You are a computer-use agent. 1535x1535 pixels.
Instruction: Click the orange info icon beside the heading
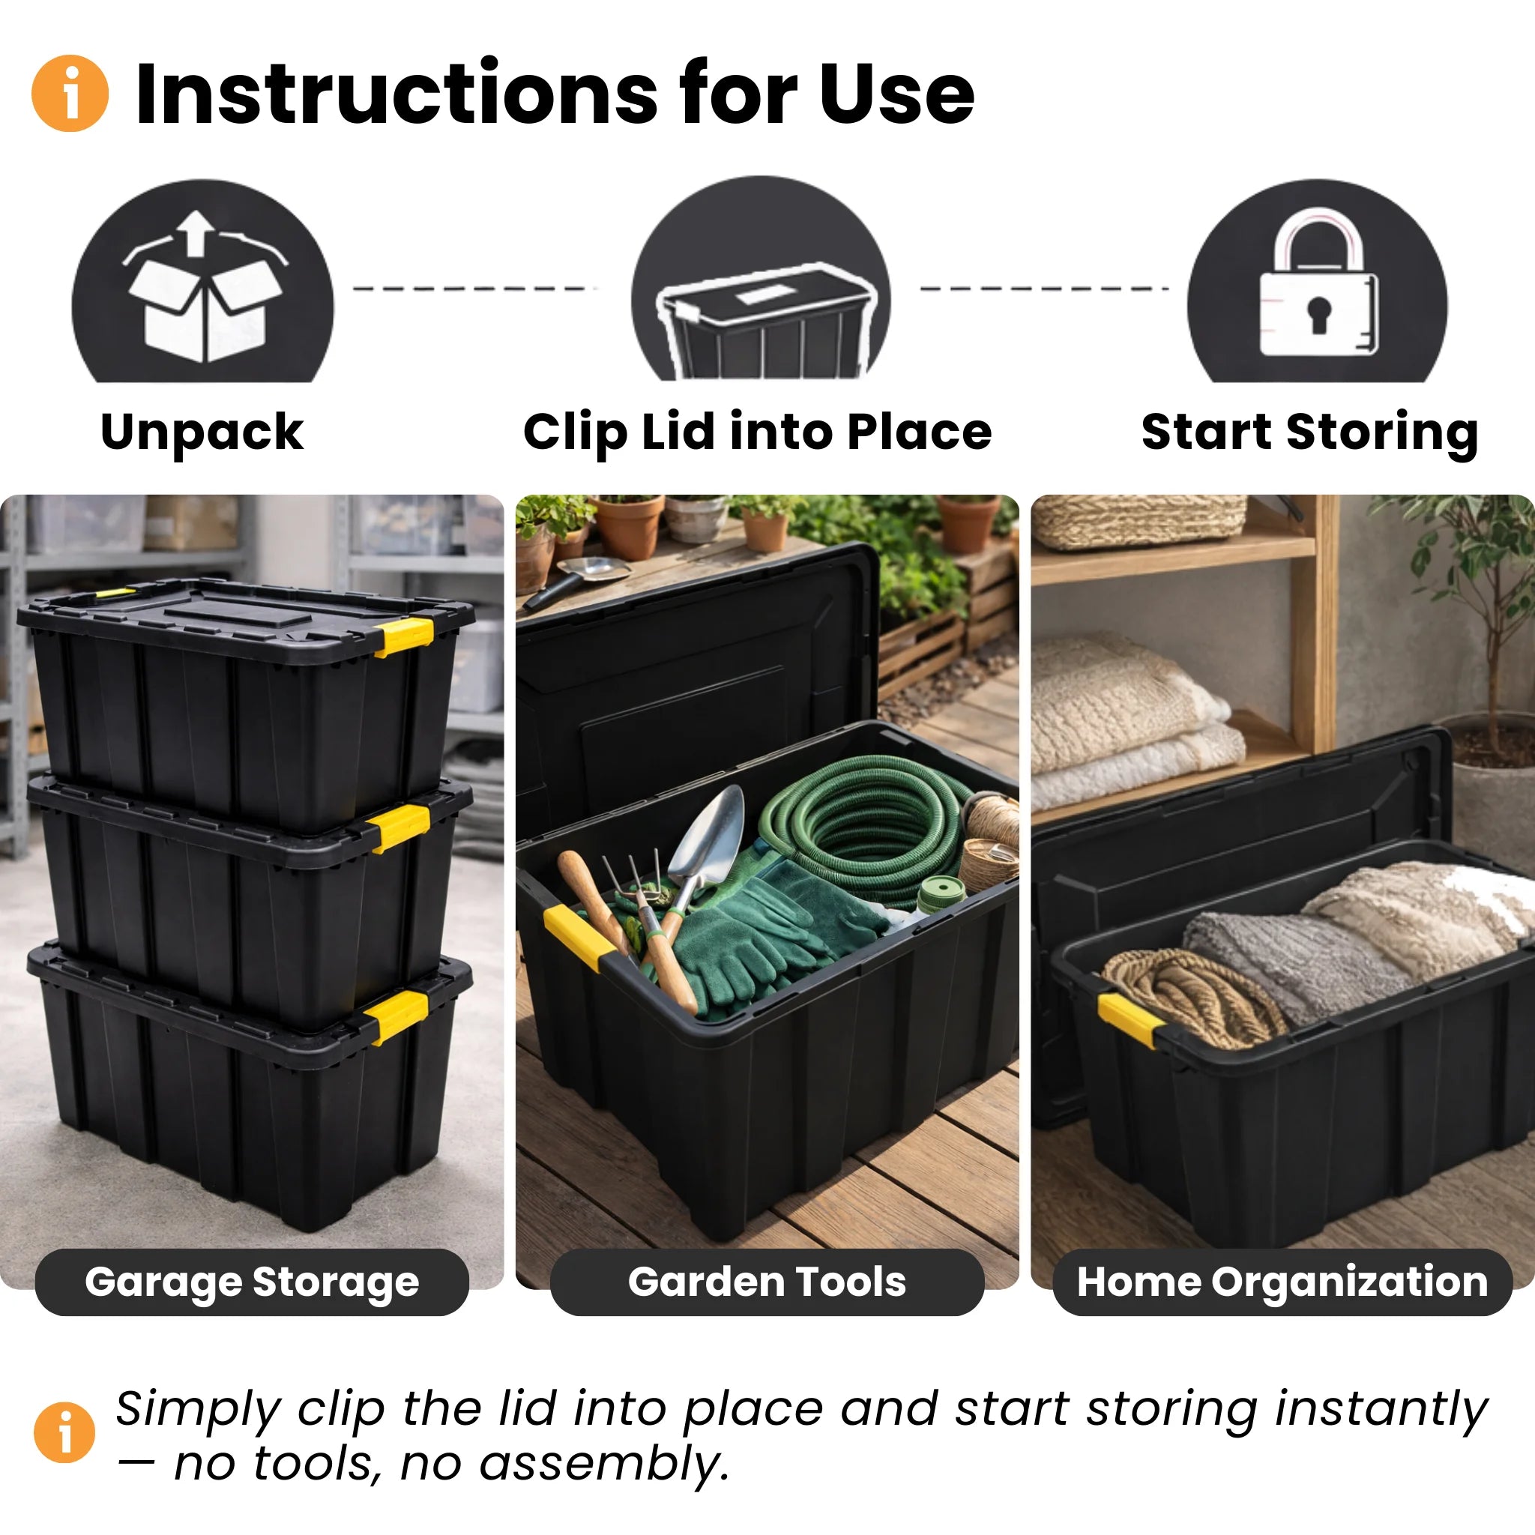70,93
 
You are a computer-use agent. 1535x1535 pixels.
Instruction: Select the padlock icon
1318,286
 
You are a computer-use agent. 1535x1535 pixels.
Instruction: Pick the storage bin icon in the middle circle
763,318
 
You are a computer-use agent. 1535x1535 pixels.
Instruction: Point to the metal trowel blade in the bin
711,834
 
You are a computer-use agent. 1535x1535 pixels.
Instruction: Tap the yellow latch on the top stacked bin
404,636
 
